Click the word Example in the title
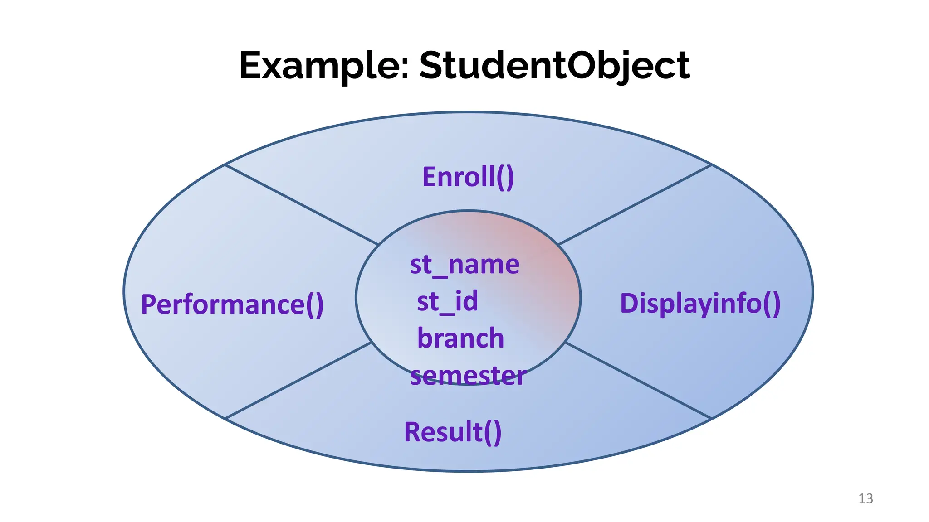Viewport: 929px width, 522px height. click(319, 66)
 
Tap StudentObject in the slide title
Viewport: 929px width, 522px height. click(554, 66)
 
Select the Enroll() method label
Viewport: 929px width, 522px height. click(468, 177)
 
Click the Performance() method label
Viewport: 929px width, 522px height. click(232, 304)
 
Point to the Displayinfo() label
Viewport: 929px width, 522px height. click(700, 303)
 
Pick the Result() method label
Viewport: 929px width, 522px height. click(453, 432)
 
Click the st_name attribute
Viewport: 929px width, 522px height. click(464, 264)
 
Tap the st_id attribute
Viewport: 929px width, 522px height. click(447, 301)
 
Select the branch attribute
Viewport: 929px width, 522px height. click(460, 338)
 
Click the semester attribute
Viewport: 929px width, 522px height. click(468, 376)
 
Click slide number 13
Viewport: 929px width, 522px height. click(865, 498)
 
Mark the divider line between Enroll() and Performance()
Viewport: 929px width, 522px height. click(302, 205)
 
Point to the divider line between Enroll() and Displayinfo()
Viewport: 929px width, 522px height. click(635, 205)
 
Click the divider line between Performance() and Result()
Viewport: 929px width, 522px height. click(298, 381)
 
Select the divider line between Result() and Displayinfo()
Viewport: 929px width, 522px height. click(638, 381)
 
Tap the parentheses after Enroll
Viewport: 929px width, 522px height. click(505, 177)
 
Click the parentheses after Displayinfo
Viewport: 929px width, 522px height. click(771, 304)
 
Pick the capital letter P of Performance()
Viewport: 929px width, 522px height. click(149, 304)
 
